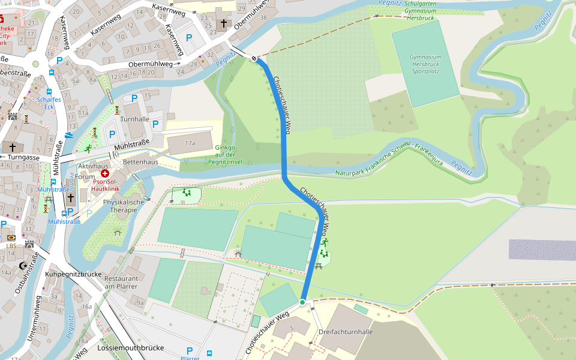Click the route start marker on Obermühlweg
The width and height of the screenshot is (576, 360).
pyautogui.click(x=254, y=58)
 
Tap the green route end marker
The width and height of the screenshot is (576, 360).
pyautogui.click(x=303, y=302)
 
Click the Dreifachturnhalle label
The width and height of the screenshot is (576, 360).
pyautogui.click(x=346, y=332)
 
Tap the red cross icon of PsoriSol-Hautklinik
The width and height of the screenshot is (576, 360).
pyautogui.click(x=105, y=173)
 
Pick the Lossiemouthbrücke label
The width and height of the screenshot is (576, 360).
pyautogui.click(x=130, y=348)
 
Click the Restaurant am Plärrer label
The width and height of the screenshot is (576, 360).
pyautogui.click(x=121, y=283)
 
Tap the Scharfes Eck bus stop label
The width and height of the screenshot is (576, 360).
pyautogui.click(x=49, y=103)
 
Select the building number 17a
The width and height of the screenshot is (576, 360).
pyautogui.click(x=190, y=144)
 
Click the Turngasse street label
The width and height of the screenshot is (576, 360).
pyautogui.click(x=22, y=157)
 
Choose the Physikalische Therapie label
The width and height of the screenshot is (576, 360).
pyautogui.click(x=124, y=206)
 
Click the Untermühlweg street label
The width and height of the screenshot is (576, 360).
pyautogui.click(x=33, y=319)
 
